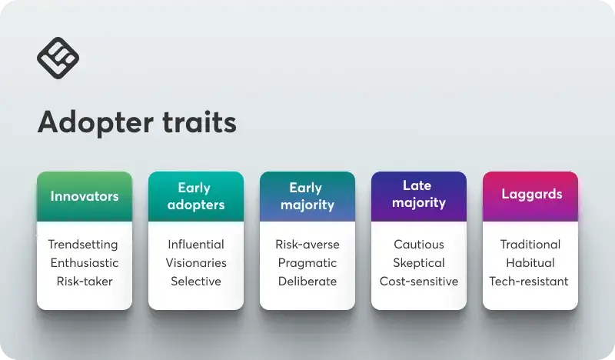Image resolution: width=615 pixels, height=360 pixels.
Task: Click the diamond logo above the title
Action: [x=58, y=58]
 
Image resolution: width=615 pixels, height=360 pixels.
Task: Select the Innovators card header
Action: [x=85, y=196]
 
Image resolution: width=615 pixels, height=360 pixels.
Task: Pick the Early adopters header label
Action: [x=196, y=196]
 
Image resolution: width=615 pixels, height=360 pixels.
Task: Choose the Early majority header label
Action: [x=307, y=196]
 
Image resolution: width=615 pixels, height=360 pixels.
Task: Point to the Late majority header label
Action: [x=418, y=194]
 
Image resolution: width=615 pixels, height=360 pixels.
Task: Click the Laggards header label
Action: [x=531, y=194]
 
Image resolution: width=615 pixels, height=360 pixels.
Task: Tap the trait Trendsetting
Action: [x=83, y=245]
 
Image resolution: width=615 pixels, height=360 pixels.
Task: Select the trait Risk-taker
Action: [x=85, y=282]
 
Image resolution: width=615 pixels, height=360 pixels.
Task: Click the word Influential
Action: [x=196, y=244]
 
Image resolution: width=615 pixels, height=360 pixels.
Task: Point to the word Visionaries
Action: [x=196, y=262]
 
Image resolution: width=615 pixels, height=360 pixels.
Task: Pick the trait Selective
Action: [x=196, y=281]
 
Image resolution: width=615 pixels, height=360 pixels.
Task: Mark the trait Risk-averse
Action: [x=307, y=244]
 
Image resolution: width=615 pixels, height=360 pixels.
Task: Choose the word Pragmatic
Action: [x=307, y=263]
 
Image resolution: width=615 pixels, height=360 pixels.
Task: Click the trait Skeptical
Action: [x=419, y=263]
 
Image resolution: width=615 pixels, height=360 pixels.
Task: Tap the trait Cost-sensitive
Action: [x=419, y=281]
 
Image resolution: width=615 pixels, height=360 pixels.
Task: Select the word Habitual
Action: [x=530, y=262]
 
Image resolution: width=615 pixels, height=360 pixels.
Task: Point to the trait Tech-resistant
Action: [x=529, y=281]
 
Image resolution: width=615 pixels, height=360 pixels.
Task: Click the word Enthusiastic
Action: [x=85, y=262]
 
